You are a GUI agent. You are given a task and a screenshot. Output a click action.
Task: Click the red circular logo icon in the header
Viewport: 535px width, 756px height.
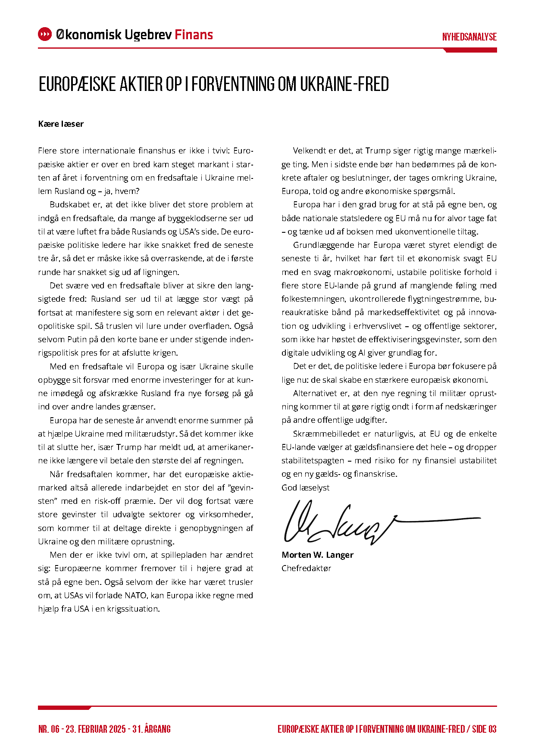45,34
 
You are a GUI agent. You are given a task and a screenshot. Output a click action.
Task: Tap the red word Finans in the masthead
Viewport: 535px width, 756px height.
194,34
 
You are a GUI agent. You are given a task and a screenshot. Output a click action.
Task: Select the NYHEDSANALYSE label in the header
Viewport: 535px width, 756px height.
469,37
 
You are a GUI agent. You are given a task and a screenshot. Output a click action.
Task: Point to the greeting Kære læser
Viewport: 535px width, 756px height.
61,124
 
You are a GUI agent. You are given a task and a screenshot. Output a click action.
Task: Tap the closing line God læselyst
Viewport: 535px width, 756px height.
306,488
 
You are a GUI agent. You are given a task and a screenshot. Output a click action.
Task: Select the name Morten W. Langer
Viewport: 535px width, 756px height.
317,555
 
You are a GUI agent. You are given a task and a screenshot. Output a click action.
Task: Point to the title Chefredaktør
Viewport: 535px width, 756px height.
306,569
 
